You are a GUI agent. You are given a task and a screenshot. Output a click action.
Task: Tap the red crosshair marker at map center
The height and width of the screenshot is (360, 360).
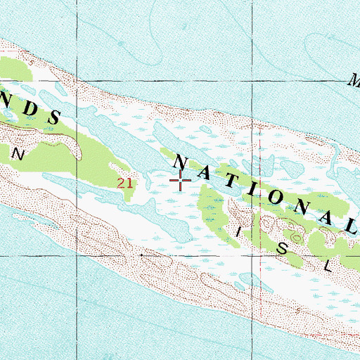(181, 181)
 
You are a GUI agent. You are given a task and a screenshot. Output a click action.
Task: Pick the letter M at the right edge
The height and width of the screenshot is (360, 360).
(353, 80)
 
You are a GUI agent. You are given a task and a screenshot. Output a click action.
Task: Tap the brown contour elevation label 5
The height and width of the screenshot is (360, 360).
(27, 53)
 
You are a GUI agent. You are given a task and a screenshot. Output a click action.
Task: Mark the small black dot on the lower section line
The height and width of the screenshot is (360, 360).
(142, 255)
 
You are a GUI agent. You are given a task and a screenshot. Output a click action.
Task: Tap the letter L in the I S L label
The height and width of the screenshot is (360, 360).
(327, 266)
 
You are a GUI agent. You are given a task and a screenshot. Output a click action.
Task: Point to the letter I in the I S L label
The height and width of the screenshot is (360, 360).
(239, 231)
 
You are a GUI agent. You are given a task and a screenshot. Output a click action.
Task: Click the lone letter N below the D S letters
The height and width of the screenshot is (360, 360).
(20, 153)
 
